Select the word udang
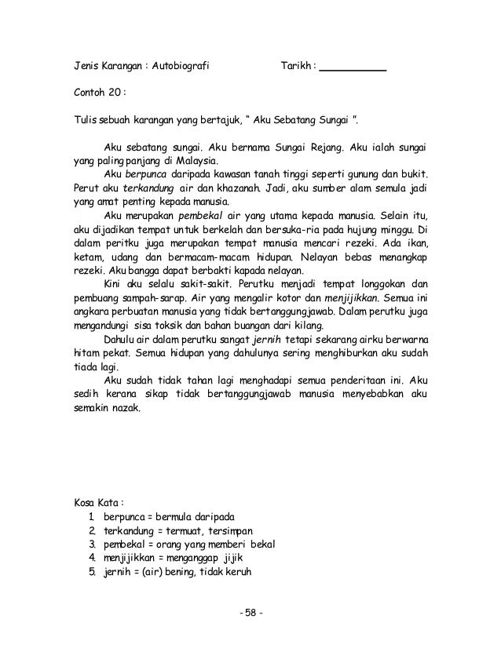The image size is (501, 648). pos(118,257)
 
